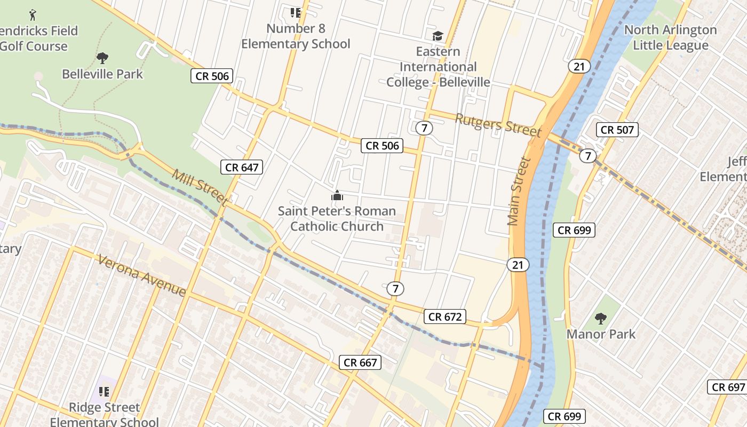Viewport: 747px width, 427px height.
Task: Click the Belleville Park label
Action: (102, 74)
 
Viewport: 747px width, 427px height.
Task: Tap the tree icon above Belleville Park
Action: (102, 58)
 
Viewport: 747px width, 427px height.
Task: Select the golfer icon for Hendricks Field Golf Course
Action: (33, 14)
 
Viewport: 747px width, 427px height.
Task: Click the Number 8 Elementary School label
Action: (296, 36)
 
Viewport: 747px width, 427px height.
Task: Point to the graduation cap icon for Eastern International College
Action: (438, 36)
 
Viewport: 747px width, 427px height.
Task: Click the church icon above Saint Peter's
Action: (337, 196)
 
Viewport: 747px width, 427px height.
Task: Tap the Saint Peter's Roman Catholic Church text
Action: (337, 218)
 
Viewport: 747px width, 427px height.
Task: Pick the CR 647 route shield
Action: (242, 167)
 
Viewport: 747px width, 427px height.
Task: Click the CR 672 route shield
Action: (445, 317)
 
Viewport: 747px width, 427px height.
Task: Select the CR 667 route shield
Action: (360, 362)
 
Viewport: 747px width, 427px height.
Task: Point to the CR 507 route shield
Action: (617, 129)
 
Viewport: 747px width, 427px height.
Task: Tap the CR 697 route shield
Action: (728, 387)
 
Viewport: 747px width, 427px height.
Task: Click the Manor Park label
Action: (601, 334)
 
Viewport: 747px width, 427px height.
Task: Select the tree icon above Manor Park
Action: (601, 319)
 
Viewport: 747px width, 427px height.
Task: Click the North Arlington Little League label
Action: (670, 37)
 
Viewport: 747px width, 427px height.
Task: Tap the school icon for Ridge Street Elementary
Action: (104, 392)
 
